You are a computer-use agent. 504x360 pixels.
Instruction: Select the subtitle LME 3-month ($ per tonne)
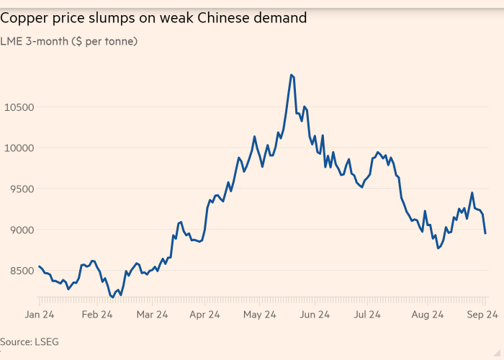(69, 41)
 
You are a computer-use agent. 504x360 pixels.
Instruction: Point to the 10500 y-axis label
(20, 107)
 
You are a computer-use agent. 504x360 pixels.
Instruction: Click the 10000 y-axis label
(20, 148)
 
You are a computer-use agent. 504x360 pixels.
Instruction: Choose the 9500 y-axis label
(17, 189)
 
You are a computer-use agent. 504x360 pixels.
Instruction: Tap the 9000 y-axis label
(17, 230)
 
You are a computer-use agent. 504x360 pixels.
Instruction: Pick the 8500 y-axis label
(17, 271)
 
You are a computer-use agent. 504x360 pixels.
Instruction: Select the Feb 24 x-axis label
(96, 315)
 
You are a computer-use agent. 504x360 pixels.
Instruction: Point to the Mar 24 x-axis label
(152, 315)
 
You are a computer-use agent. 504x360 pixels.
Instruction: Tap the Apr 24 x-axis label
(204, 315)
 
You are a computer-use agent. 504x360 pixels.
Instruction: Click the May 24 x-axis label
(260, 315)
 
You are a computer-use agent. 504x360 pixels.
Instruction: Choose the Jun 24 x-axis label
(314, 315)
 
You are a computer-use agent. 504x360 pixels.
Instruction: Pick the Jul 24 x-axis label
(368, 315)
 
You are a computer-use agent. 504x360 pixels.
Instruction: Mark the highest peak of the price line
(291, 74)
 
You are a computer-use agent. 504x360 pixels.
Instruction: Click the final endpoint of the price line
(485, 233)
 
